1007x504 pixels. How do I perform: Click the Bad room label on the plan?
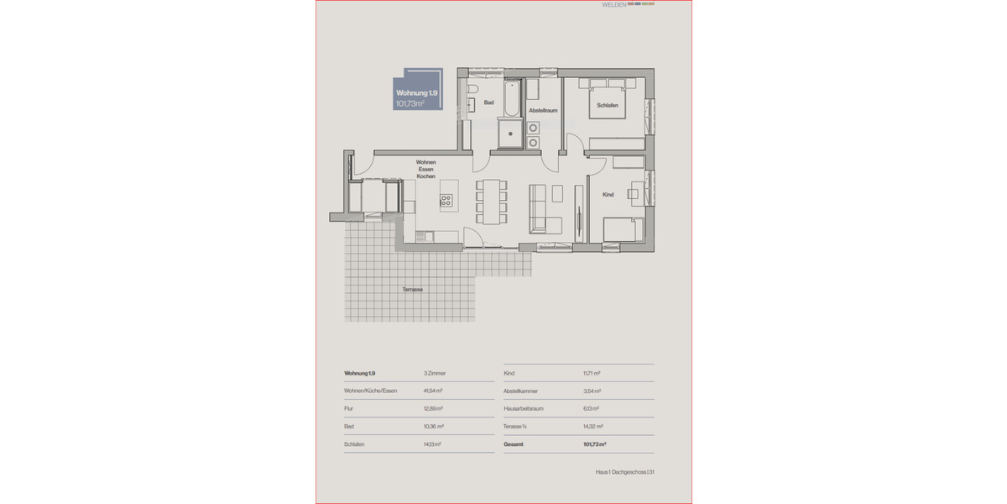click(x=488, y=103)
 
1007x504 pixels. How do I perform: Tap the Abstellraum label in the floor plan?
click(x=543, y=110)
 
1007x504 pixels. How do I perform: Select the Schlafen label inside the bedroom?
click(x=608, y=105)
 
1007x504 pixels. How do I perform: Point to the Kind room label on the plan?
click(x=608, y=194)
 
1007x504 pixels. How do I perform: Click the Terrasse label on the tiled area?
click(x=412, y=289)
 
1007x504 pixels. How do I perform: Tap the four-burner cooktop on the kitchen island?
click(x=446, y=201)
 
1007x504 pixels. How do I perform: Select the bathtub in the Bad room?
click(x=511, y=98)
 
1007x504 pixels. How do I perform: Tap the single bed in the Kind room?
click(x=623, y=228)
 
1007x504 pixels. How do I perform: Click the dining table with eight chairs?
click(x=492, y=201)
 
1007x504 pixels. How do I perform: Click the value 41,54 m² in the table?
click(x=433, y=391)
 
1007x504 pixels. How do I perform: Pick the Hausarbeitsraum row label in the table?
click(x=524, y=409)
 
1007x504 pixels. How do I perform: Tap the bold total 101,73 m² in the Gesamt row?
click(x=594, y=444)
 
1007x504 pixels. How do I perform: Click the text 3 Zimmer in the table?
click(x=436, y=373)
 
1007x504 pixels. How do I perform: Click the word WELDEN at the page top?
click(x=613, y=5)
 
